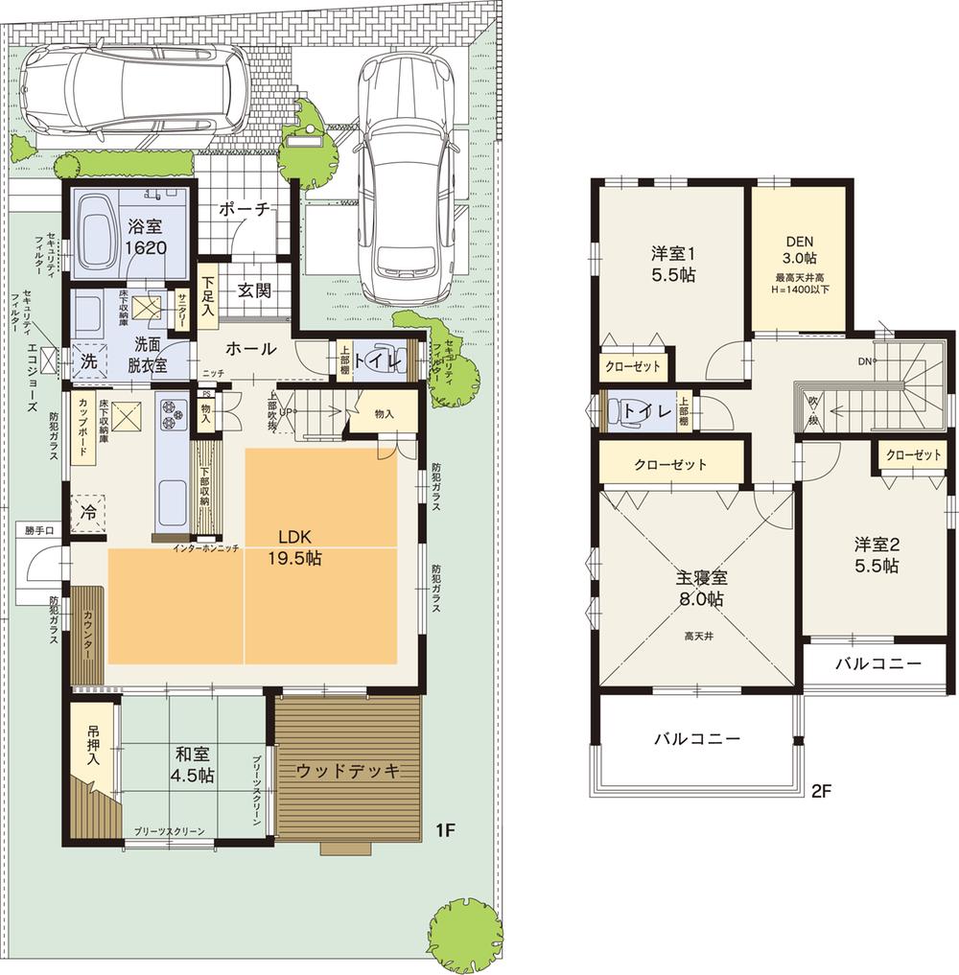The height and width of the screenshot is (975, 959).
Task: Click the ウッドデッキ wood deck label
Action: point(346,771)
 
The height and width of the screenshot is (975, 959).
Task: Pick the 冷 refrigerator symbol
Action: point(89,511)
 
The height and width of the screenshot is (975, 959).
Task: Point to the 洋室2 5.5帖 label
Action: point(877,554)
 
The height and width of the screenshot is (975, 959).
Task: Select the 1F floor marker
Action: point(444,831)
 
